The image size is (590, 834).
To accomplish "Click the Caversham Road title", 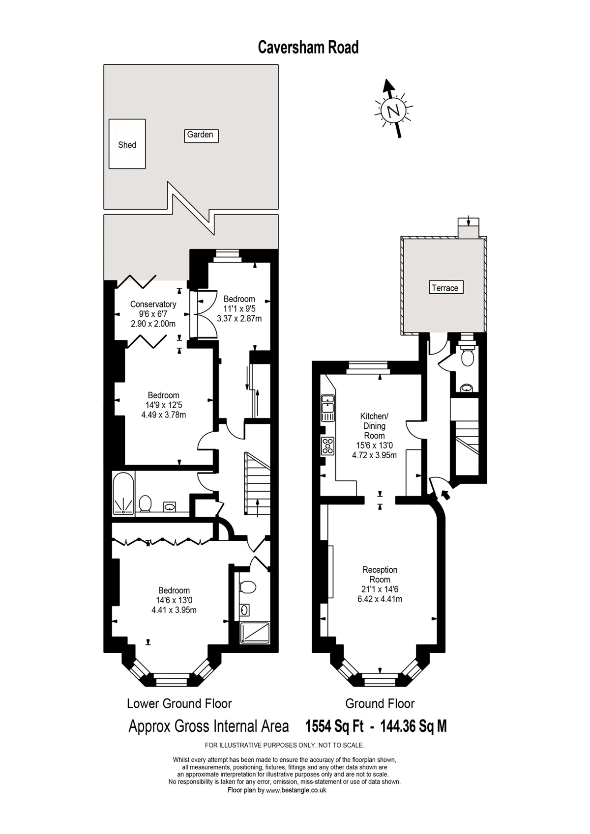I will pyautogui.click(x=308, y=47).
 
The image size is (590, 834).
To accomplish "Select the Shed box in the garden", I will pyautogui.click(x=127, y=144).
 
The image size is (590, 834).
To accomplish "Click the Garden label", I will pyautogui.click(x=201, y=135).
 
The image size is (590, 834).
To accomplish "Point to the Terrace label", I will pyautogui.click(x=444, y=288).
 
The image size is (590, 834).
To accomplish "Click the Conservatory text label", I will pyautogui.click(x=153, y=305).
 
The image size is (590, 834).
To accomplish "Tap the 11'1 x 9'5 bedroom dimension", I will pyautogui.click(x=239, y=309).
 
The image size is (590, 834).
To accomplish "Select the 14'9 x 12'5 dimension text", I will pyautogui.click(x=163, y=405).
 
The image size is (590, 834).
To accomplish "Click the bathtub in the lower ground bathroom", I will pyautogui.click(x=123, y=494).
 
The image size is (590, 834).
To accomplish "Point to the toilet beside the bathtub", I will pyautogui.click(x=145, y=503).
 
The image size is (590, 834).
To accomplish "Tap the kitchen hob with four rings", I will pyautogui.click(x=328, y=446).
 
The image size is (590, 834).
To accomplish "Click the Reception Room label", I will pyautogui.click(x=380, y=575).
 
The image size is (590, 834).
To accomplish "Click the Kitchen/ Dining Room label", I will pyautogui.click(x=374, y=426).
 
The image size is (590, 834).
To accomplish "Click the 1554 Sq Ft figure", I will pyautogui.click(x=334, y=726).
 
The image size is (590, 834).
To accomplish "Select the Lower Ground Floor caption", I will pyautogui.click(x=179, y=703).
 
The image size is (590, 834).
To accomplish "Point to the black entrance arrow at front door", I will pyautogui.click(x=446, y=495).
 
